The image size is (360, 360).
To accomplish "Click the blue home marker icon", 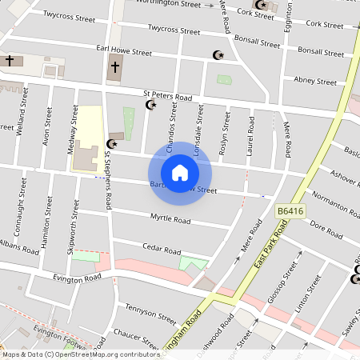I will coord(180,172).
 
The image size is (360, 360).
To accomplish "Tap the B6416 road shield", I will coord(291,210).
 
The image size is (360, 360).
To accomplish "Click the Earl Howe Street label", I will coord(124,51).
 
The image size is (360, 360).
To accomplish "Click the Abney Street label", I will coord(315,81).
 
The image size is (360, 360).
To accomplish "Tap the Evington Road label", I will coord(78,278).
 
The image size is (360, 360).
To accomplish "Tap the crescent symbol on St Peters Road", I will coord(150,105).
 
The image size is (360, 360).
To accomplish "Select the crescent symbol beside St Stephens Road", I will coord(111,144).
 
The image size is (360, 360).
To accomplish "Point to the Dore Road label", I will coord(326,225).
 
